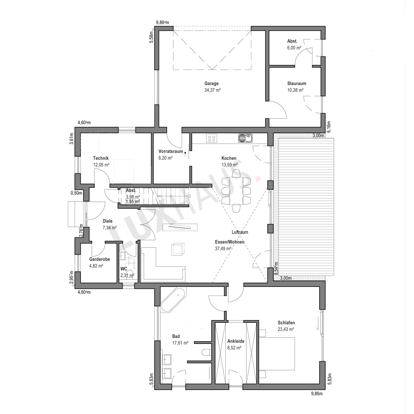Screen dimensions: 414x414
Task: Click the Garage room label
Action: pos(212,83)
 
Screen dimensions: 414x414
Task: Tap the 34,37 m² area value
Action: pos(212,90)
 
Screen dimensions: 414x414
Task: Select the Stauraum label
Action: pos(297,83)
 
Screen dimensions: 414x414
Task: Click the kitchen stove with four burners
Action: pos(212,138)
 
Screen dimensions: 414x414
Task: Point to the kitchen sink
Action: pos(245,138)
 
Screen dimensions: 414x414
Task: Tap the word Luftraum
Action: pos(240,232)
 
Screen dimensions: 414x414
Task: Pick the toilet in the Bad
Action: pos(206,352)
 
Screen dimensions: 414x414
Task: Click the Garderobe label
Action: pos(100,259)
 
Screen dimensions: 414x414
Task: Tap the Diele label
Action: pos(107,221)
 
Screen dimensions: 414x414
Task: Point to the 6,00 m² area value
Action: pos(294,48)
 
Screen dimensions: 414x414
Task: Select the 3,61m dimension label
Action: pos(71,139)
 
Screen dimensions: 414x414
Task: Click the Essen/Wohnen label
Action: pos(229,242)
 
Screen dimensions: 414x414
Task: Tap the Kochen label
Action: pos(229,158)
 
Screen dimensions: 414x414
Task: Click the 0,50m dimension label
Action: pos(76,193)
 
